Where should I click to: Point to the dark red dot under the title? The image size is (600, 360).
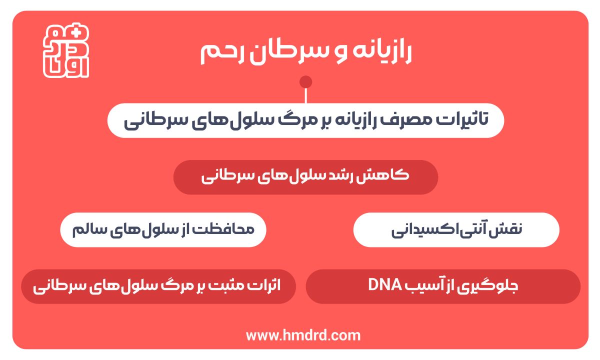coord(306,82)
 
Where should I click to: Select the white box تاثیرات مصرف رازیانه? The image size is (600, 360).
coord(305,120)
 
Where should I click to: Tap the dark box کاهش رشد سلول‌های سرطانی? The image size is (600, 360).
coord(305,177)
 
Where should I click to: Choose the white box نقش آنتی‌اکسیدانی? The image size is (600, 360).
coord(456,230)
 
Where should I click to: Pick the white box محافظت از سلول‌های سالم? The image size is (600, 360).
coord(163,230)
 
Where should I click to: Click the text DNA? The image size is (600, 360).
coord(385,286)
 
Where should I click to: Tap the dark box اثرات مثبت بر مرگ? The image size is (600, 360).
coord(158,286)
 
